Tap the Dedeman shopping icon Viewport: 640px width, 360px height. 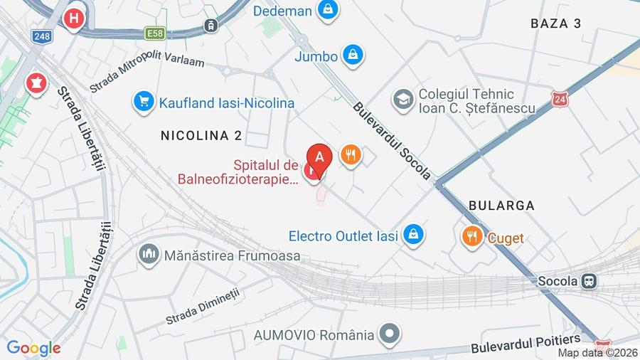click(x=327, y=10)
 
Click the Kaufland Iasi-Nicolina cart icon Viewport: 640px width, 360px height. click(x=144, y=102)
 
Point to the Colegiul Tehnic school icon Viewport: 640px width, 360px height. click(x=403, y=100)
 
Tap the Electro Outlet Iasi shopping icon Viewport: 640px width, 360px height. click(x=412, y=234)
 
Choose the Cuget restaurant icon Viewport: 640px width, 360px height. click(x=471, y=236)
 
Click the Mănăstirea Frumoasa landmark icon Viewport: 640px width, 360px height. click(x=149, y=254)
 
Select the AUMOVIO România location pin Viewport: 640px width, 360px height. click(x=389, y=333)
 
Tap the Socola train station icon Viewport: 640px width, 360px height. click(x=589, y=280)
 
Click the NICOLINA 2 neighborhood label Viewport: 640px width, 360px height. click(x=201, y=135)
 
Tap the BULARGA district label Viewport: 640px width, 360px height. click(x=501, y=205)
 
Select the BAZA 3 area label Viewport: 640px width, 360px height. click(x=556, y=23)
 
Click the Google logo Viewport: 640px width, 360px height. click(x=33, y=348)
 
